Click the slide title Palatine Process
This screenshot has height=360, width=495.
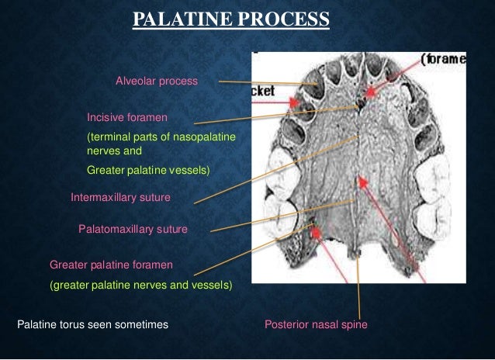tap(230, 19)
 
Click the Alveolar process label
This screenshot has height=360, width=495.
tap(157, 81)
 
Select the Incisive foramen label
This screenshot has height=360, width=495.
tap(127, 117)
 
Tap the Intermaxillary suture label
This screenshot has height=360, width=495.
tap(120, 197)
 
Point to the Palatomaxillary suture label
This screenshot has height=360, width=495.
tap(133, 229)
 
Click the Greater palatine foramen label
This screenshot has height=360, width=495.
tap(111, 264)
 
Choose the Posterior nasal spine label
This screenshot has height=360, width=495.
tap(316, 324)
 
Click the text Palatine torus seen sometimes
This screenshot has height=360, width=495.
tap(92, 324)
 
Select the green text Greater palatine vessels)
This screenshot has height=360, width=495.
tap(148, 168)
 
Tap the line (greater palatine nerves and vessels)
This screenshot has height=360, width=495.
tap(140, 285)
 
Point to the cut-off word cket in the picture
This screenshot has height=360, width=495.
tap(264, 91)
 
